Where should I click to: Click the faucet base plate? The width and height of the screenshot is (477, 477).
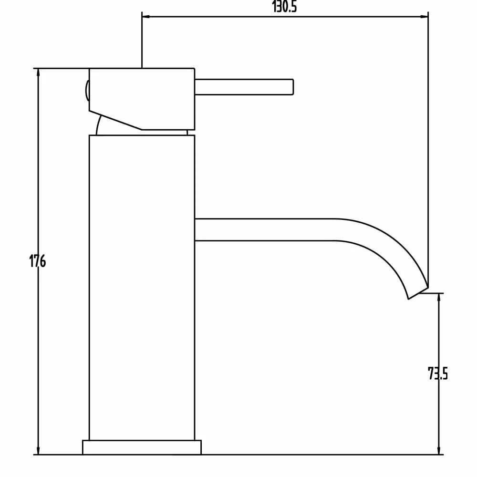[142, 447]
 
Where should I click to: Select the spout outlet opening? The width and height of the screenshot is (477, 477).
[418, 293]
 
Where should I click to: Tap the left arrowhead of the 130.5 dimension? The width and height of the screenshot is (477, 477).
[145, 17]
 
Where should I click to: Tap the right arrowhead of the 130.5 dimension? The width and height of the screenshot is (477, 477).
[425, 17]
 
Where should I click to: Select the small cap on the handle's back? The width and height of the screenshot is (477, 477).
[87, 91]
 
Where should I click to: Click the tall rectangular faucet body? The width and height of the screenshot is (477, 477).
[142, 286]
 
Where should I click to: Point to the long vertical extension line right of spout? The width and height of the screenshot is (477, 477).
[428, 143]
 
